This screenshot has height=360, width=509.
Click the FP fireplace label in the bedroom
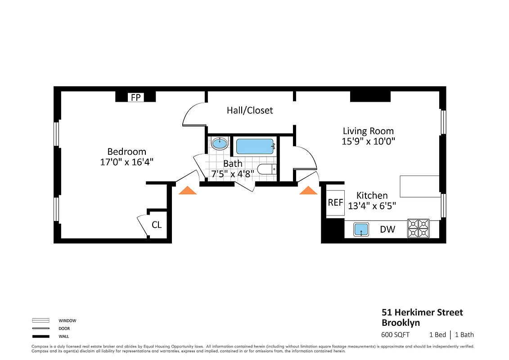click(x=135, y=97)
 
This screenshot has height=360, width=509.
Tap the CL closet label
click(x=156, y=225)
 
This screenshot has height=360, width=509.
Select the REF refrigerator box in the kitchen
click(x=335, y=202)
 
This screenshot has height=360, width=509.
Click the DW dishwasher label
click(x=387, y=229)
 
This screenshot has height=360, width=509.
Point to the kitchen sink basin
click(x=361, y=229)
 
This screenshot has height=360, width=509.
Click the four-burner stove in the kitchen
click(x=418, y=228)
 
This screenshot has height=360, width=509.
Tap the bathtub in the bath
click(x=255, y=146)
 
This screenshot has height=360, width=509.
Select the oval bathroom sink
click(x=220, y=144)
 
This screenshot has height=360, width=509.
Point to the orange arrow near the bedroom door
click(x=188, y=191)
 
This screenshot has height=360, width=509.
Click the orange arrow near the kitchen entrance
click(x=309, y=191)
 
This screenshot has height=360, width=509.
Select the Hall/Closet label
click(x=250, y=110)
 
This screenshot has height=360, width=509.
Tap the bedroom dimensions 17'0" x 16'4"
click(x=127, y=162)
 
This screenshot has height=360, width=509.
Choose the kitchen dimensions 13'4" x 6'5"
click(x=372, y=206)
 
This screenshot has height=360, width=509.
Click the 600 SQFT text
click(x=396, y=335)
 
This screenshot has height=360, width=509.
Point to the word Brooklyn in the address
click(x=401, y=323)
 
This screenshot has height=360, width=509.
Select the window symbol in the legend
click(x=41, y=321)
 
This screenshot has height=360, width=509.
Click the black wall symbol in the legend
click(x=41, y=336)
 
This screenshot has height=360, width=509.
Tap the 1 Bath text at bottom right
click(x=464, y=335)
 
